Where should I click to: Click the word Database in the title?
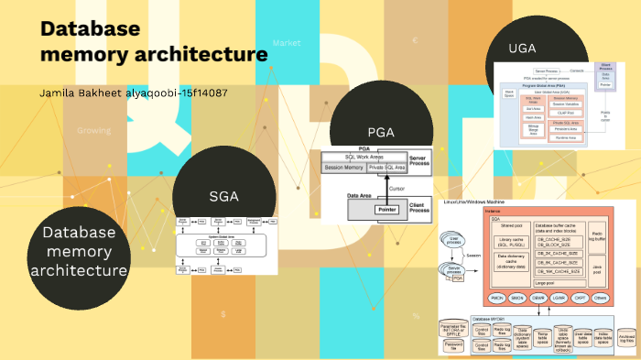(90, 28)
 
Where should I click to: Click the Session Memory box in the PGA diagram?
(343, 168)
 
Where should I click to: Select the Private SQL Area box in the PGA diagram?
(388, 168)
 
